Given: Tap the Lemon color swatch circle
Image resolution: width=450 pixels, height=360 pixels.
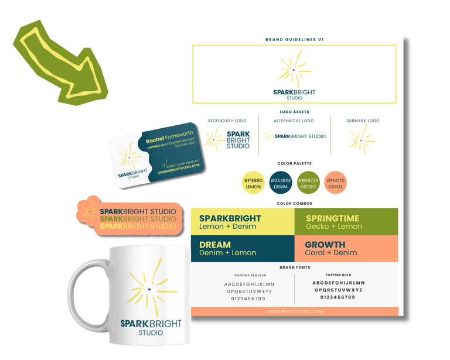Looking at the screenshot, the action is [x=254, y=183].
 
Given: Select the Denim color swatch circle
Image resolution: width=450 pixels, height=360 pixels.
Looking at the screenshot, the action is [x=281, y=183].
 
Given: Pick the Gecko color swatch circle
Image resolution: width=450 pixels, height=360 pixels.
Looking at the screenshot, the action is [x=308, y=183].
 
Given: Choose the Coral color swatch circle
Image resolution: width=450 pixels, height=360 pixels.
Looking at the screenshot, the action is [x=336, y=183].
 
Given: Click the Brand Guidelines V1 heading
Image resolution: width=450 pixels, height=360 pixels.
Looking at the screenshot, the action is [x=295, y=40].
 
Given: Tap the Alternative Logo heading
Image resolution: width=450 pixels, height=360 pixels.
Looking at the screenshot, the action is [x=294, y=121].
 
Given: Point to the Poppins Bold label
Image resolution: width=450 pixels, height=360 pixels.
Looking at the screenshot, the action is [x=338, y=275].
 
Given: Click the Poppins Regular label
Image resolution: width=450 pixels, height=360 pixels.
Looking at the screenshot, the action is [x=250, y=275].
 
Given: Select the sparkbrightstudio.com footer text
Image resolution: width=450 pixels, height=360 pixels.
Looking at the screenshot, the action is [x=295, y=311].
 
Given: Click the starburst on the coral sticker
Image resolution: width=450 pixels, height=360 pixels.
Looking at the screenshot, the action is [x=90, y=210].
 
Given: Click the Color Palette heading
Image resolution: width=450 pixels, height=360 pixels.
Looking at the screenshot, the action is [x=295, y=164].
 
